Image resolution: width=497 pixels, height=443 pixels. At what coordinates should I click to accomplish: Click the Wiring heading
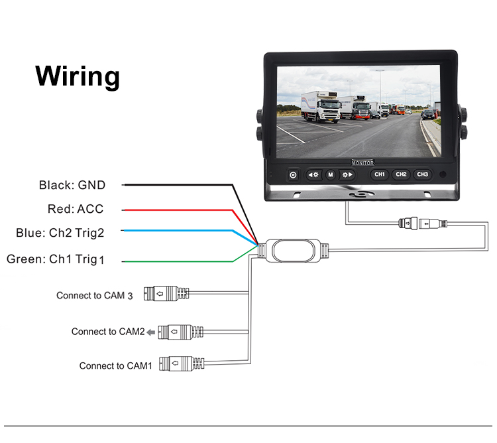pos(78,76)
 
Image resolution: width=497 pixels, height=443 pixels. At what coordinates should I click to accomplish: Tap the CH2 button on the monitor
pos(401,174)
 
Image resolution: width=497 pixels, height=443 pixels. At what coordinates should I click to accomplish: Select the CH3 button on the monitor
pos(423,174)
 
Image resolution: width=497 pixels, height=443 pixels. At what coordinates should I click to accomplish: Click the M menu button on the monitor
pos(331,174)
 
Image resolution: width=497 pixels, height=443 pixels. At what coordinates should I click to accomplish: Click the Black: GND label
pos(72,185)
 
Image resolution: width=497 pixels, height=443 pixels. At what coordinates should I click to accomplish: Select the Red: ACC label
pos(76,209)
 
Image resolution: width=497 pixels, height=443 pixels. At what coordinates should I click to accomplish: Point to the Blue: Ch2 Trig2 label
pos(60,233)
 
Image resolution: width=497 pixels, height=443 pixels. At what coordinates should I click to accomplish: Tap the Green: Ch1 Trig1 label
pos(56,259)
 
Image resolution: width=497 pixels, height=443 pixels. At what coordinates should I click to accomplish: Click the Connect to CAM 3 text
pos(95,296)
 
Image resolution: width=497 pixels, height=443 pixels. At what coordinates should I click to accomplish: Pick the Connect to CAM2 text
pos(108,332)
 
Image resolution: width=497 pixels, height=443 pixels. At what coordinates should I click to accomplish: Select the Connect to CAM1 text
pos(116,366)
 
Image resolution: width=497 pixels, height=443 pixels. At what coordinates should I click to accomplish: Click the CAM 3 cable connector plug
pos(166,293)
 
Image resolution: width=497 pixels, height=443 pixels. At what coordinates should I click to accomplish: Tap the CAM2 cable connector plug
pos(181,332)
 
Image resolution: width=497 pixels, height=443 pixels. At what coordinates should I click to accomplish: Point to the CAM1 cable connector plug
pos(182,363)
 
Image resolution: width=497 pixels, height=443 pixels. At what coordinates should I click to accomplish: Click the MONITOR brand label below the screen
pos(363,163)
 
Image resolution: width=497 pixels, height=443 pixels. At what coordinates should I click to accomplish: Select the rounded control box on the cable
pos(293,251)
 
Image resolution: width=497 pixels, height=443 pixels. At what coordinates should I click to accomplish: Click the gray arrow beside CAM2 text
pos(151,332)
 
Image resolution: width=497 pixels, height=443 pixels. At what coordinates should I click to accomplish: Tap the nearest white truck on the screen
pos(321,107)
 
